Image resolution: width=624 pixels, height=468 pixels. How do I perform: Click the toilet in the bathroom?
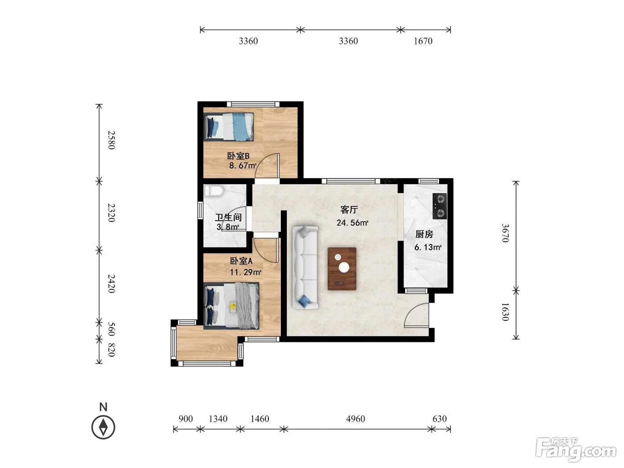point(214,190)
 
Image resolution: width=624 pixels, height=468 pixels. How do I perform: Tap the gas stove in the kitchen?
point(440,206)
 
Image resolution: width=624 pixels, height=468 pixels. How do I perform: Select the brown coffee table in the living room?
point(342,269)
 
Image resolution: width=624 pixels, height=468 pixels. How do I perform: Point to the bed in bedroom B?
point(229,127)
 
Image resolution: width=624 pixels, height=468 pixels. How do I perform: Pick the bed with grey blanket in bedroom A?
point(231,306)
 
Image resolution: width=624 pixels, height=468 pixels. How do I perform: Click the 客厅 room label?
point(349,209)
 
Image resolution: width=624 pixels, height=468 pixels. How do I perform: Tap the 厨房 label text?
point(424,234)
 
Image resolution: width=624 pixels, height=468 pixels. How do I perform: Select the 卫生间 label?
point(228,218)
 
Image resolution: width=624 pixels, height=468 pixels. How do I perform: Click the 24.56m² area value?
point(353,223)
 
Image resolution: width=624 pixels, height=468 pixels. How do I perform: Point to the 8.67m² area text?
point(243,165)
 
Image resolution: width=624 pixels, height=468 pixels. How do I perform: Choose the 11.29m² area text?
point(245,272)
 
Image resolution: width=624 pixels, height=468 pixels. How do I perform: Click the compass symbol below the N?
point(103,427)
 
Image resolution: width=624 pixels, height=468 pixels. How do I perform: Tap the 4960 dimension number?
point(355,419)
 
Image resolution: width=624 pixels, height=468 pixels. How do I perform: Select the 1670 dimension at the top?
point(423,41)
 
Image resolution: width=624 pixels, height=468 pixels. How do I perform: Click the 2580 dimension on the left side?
point(111,140)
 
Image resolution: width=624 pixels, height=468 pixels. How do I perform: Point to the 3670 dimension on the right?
point(505,233)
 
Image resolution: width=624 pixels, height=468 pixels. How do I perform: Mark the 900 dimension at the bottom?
point(185,419)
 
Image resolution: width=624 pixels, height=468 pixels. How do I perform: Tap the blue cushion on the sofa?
point(304,301)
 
